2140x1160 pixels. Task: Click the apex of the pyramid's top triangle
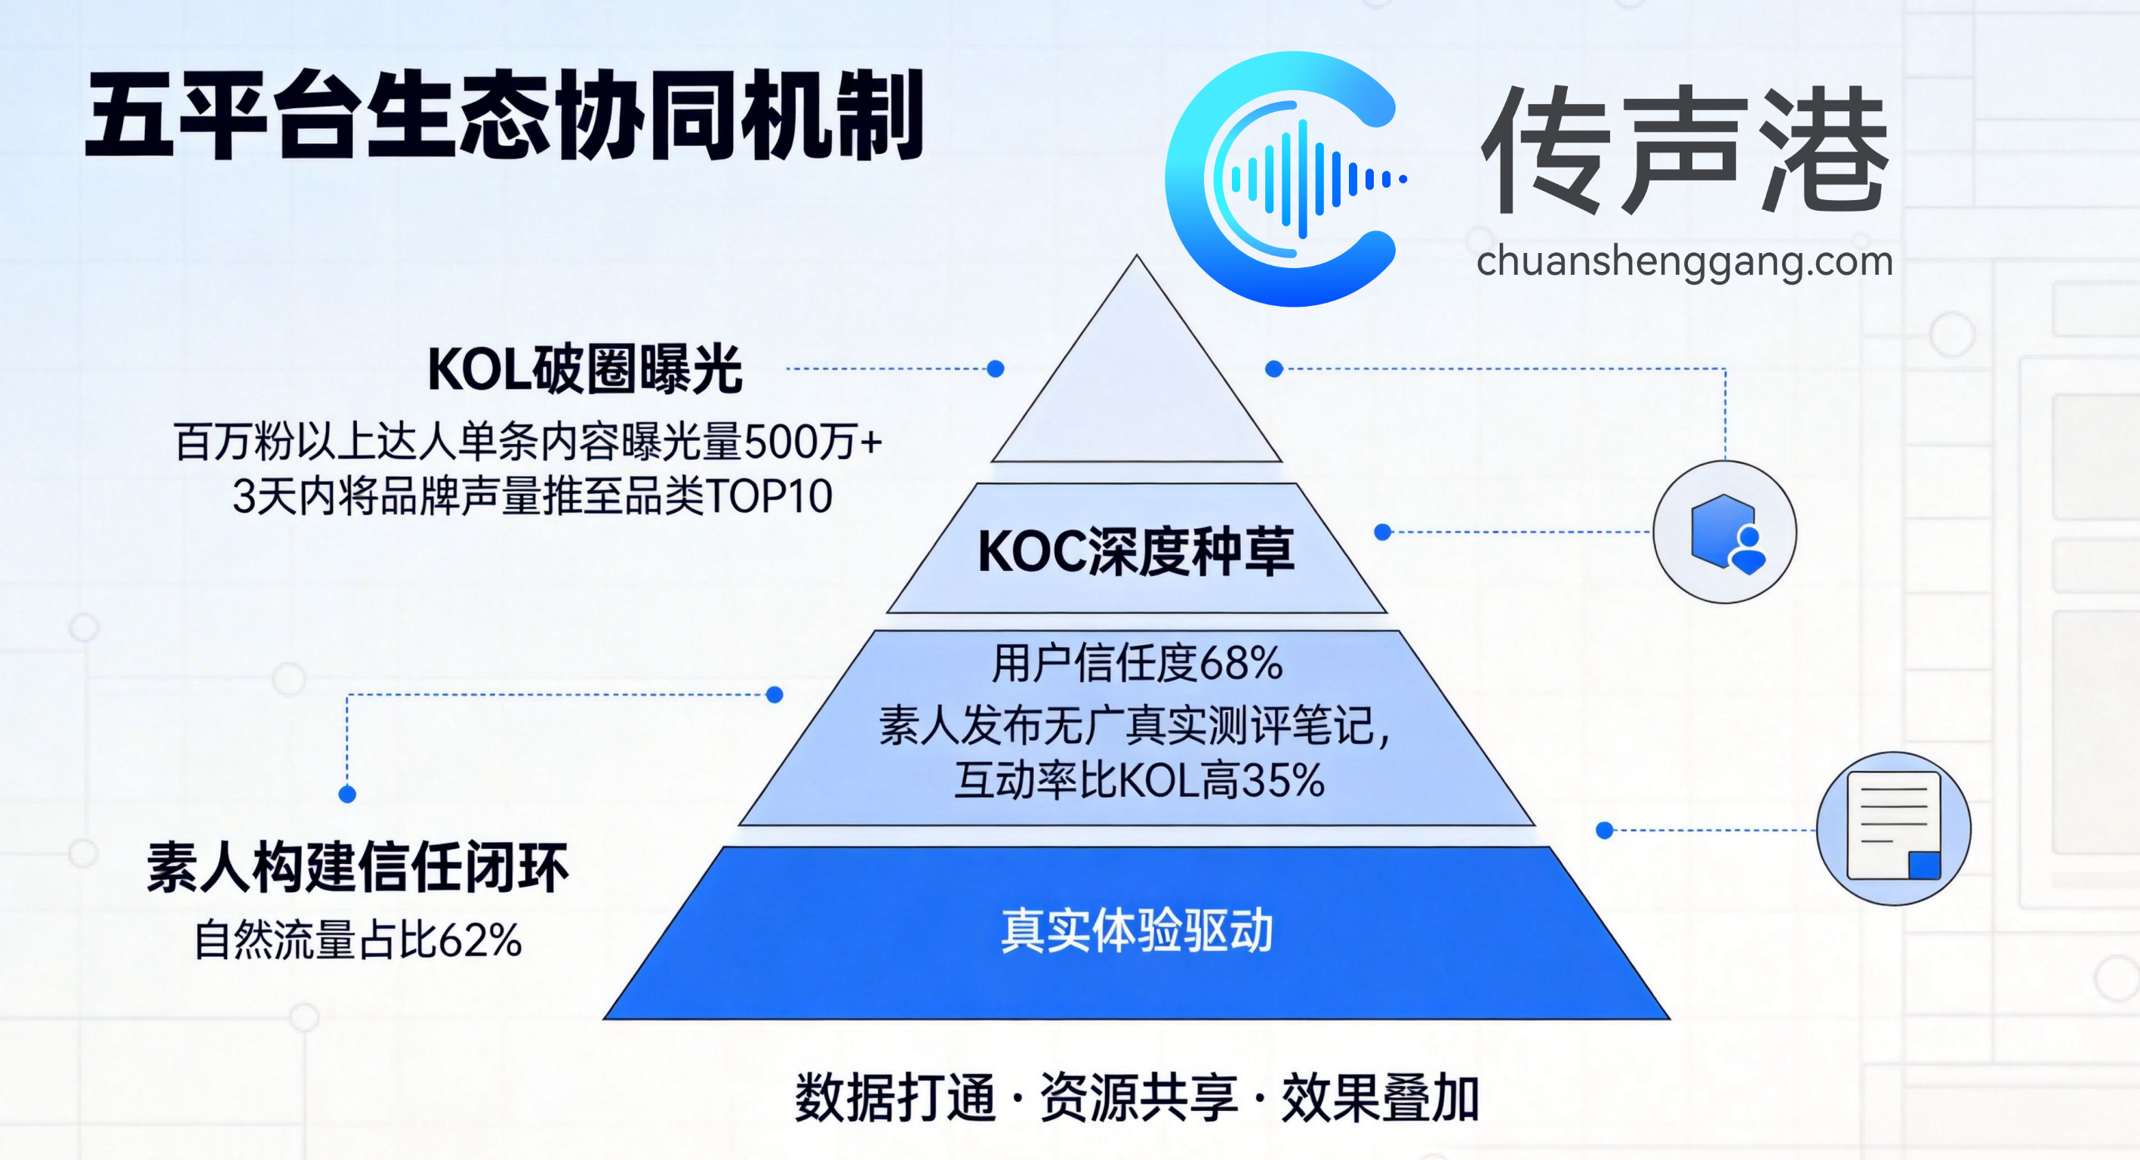coord(1138,255)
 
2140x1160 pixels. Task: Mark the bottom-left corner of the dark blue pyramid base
coord(604,1019)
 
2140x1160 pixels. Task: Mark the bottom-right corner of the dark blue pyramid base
coord(1670,1019)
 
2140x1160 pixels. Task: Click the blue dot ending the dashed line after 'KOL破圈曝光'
coord(995,368)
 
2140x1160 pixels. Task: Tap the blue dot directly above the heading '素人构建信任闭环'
coord(347,794)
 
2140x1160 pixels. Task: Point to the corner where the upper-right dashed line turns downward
coord(1725,368)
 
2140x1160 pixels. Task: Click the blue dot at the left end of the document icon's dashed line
coord(1605,829)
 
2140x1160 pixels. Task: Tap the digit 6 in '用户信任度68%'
coord(1212,664)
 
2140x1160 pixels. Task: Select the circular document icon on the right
coord(1893,828)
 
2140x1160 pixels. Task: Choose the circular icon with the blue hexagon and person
coord(1725,532)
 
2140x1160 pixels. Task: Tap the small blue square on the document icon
coord(1924,865)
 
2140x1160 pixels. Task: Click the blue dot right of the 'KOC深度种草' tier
coord(1382,532)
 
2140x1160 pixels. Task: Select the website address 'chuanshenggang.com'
coord(1685,262)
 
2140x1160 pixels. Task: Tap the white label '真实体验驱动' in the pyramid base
coord(1137,930)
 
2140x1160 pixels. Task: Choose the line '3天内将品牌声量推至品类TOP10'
coord(532,496)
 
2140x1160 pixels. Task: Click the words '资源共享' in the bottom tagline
coord(1138,1097)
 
